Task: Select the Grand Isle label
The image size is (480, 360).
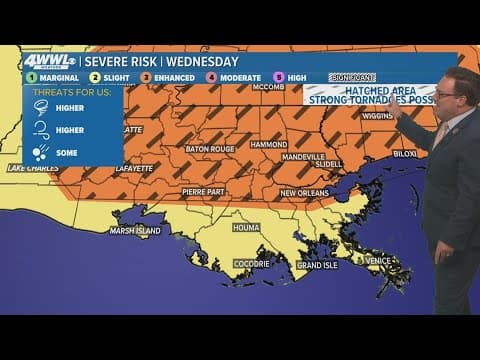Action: tap(316, 265)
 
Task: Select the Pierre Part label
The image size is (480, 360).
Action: tap(202, 190)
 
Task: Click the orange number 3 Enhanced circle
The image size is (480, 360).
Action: tap(145, 76)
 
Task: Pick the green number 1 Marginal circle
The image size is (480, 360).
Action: tap(31, 76)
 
